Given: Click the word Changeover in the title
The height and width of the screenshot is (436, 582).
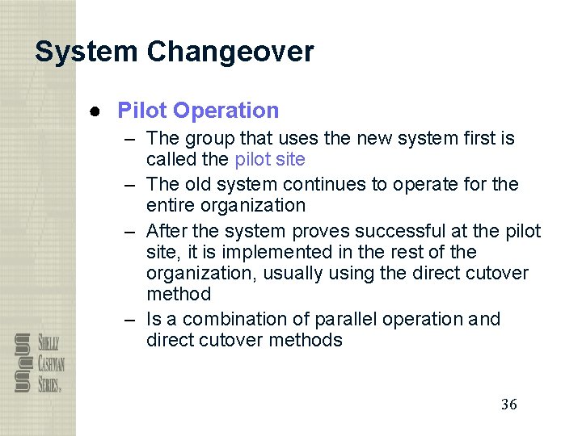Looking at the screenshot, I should click(x=230, y=52).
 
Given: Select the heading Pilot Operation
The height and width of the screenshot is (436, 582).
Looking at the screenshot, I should click(x=198, y=111).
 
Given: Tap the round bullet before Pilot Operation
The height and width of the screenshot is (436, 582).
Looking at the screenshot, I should click(x=95, y=111).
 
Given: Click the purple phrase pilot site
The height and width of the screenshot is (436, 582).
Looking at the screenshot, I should click(x=269, y=159).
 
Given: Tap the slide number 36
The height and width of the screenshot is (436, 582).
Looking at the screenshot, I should click(x=508, y=405).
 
